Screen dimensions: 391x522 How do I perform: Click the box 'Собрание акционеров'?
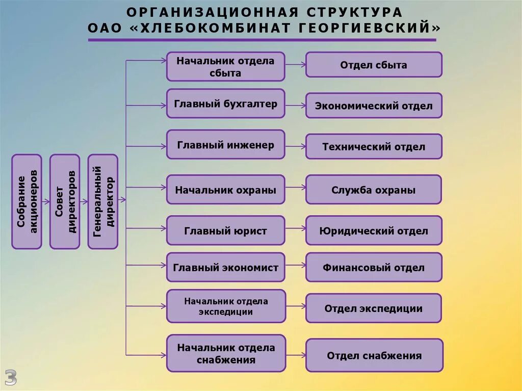click(27, 201)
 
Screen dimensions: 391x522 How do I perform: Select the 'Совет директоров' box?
click(65, 201)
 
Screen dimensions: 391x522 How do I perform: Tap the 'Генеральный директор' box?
click(102, 201)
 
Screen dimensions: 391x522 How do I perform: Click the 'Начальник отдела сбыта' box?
click(225, 66)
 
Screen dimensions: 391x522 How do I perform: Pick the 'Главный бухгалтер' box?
click(225, 104)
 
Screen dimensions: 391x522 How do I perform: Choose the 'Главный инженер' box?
click(225, 145)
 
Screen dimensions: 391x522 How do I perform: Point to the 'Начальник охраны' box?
click(225, 190)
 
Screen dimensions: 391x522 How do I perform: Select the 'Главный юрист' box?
click(225, 230)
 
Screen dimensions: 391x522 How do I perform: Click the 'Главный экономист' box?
click(225, 267)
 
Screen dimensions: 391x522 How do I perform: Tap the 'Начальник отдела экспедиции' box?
click(225, 306)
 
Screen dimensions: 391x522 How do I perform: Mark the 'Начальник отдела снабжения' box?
click(225, 353)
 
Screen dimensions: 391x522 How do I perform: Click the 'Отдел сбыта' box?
click(374, 65)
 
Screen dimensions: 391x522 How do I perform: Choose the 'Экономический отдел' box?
click(374, 106)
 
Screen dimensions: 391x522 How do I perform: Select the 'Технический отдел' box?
click(374, 146)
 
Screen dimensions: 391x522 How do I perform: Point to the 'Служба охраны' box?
click(374, 190)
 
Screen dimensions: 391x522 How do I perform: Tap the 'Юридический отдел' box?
click(374, 230)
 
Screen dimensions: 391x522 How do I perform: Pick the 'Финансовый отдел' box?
click(374, 267)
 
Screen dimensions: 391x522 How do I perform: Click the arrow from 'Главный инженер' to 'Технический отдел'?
click(295, 146)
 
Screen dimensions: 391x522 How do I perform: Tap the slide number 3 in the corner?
click(11, 377)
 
